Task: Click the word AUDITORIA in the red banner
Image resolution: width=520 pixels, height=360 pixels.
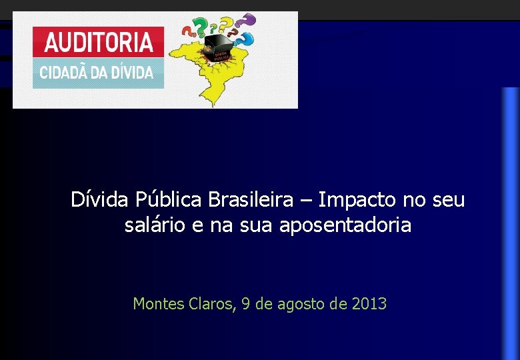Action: [98, 42]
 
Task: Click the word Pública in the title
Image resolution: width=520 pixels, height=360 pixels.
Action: [169, 199]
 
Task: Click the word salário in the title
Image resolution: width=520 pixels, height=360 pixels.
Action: [155, 226]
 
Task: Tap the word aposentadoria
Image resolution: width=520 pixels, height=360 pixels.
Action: [345, 226]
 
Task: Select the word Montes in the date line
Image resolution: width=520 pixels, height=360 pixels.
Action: [157, 304]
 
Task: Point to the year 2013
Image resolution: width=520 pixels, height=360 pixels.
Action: [369, 304]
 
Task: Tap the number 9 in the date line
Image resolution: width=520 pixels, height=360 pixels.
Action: [246, 304]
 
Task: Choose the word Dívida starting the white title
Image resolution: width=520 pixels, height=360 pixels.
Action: [100, 199]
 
